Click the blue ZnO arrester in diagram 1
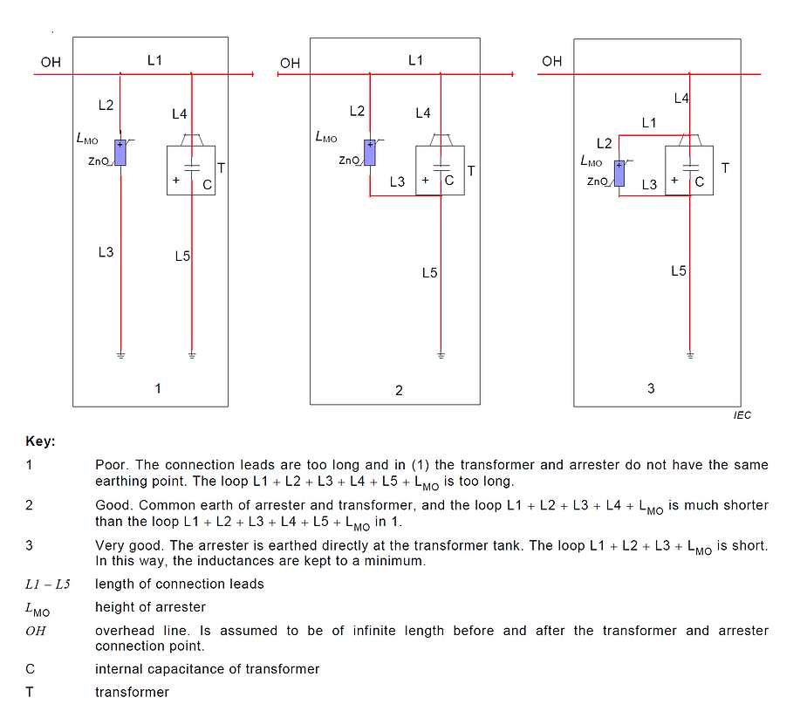click(120, 153)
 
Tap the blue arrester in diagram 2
click(370, 153)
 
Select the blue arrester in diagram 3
click(619, 173)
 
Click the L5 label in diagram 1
click(182, 256)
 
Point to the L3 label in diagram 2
click(397, 181)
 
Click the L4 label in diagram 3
click(681, 99)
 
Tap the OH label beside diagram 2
click(290, 63)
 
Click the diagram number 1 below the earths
click(158, 388)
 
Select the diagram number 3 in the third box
click(651, 388)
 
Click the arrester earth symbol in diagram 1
click(121, 354)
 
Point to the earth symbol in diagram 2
click(441, 354)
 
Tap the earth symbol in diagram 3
click(690, 354)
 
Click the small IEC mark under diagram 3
click(742, 415)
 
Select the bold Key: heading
click(40, 441)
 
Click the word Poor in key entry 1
click(110, 464)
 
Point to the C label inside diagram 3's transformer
click(699, 182)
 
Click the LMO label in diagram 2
click(325, 137)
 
